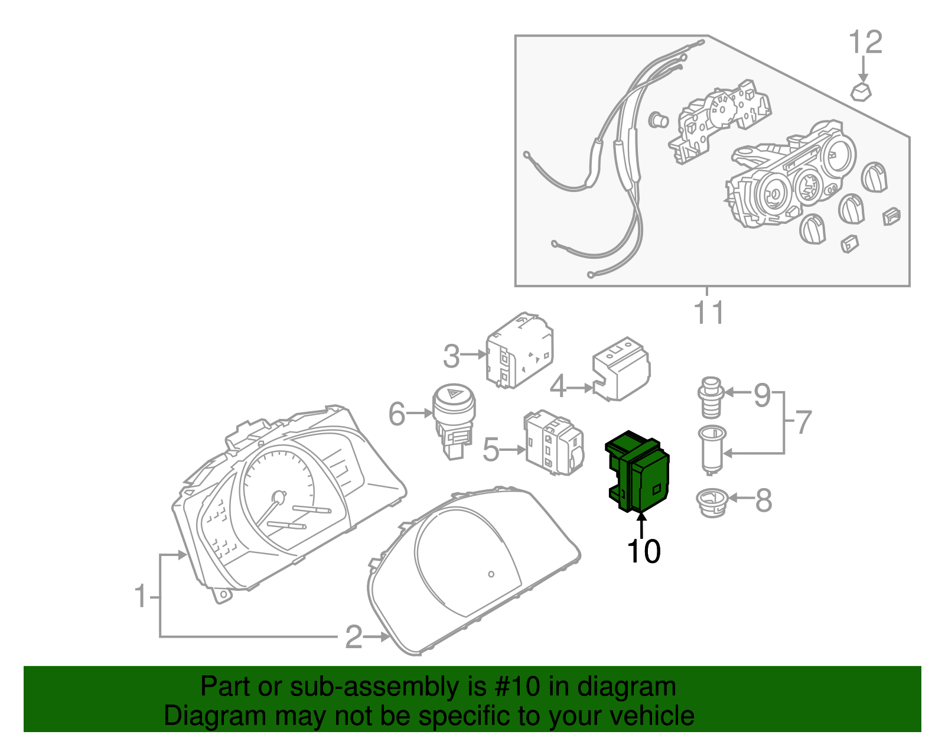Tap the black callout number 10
(x=643, y=552)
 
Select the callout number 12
(x=865, y=43)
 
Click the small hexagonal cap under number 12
(x=861, y=92)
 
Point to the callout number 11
(x=708, y=313)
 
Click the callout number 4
(x=558, y=388)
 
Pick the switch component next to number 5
(x=553, y=443)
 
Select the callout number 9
(x=762, y=395)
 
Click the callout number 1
(x=140, y=596)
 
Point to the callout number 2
(x=353, y=637)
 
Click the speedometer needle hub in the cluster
(x=278, y=496)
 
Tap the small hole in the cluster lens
(x=491, y=573)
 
